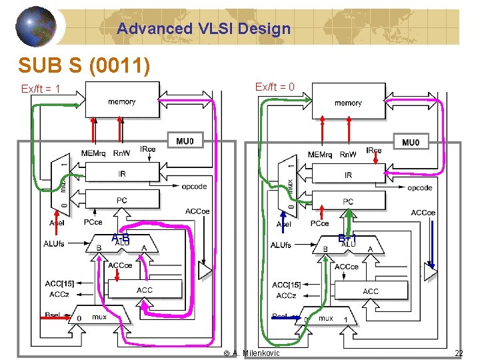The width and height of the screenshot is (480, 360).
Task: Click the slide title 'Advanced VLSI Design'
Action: (x=203, y=29)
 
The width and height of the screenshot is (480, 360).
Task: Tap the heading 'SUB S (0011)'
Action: (x=84, y=65)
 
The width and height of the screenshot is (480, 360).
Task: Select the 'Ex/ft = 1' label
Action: (x=41, y=89)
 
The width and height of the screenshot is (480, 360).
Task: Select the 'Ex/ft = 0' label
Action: (x=275, y=87)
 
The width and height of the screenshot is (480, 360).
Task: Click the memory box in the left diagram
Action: (x=121, y=101)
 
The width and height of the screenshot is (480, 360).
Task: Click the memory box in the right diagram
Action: (x=348, y=103)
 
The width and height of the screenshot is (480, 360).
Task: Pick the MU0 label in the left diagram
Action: (x=186, y=141)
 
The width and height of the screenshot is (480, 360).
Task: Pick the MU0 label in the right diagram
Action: (x=411, y=142)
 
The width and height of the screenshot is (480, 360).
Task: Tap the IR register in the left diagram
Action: (x=122, y=174)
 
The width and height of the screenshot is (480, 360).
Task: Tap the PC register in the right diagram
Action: (x=348, y=201)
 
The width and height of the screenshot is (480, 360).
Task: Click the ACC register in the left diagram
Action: (x=144, y=290)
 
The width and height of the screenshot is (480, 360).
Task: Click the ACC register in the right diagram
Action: (x=371, y=291)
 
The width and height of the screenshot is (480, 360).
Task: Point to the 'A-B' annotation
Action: (x=121, y=238)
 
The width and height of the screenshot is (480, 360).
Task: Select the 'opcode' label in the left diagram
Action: (x=194, y=186)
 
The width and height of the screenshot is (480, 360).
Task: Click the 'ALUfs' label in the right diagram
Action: (x=281, y=245)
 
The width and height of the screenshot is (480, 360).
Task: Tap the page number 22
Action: (x=458, y=353)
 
